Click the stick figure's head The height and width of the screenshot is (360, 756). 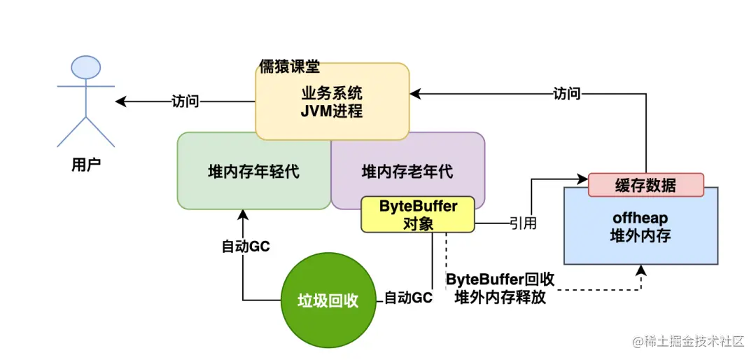click(86, 67)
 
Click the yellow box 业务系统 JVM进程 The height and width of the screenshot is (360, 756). click(332, 102)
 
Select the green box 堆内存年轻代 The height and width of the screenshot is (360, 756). click(253, 171)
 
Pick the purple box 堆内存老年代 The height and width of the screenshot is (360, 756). click(407, 171)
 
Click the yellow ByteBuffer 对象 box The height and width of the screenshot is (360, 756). click(418, 214)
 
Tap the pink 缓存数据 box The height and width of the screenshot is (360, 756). click(645, 185)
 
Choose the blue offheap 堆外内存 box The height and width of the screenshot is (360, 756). click(640, 227)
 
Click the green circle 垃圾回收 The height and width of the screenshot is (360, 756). click(328, 300)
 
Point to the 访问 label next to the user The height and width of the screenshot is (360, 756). click(185, 102)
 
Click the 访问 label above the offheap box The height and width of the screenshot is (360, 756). click(566, 93)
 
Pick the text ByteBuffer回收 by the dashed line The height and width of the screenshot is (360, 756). click(500, 279)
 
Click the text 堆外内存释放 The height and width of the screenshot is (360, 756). click(500, 298)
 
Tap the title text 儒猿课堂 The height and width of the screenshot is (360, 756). click(289, 67)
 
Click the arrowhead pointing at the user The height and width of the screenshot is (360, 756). click(120, 102)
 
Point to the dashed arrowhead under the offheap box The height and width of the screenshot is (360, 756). click(640, 270)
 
